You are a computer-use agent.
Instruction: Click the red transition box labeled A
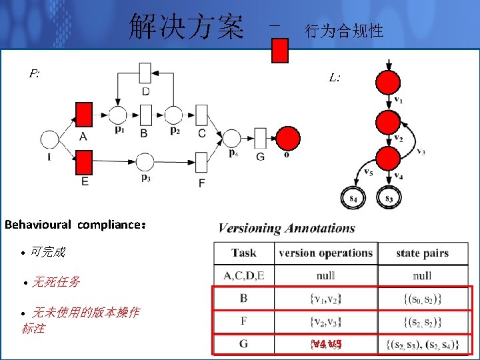click(83, 114)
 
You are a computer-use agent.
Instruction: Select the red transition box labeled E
click(83, 162)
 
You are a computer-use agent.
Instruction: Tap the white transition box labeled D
click(145, 73)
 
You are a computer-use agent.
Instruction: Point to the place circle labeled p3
click(145, 162)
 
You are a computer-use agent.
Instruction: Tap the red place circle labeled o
click(288, 138)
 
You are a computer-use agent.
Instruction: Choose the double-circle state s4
click(353, 198)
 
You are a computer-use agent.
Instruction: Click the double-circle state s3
click(388, 198)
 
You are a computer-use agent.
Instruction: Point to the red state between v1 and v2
click(388, 121)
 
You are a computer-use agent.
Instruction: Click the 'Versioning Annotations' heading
click(287, 228)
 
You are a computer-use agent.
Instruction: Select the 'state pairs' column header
click(422, 253)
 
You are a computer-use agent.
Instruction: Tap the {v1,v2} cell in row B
click(326, 299)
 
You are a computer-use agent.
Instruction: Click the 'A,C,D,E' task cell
click(244, 275)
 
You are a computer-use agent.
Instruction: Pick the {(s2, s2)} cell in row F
click(423, 322)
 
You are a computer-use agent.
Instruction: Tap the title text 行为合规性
click(343, 31)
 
